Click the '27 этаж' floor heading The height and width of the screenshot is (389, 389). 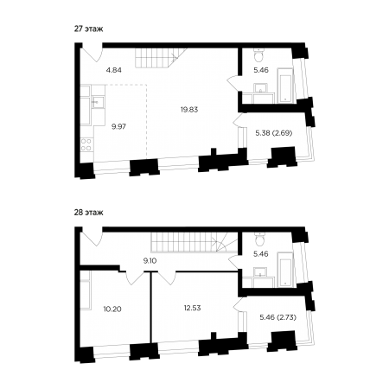[88, 29]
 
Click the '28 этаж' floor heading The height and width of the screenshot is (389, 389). [88, 213]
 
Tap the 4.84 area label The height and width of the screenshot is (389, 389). [114, 70]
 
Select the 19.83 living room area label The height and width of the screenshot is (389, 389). [189, 110]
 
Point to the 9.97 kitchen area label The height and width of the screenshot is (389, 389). [118, 126]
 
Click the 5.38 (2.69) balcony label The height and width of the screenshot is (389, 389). [274, 133]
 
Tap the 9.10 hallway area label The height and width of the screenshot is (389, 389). [150, 261]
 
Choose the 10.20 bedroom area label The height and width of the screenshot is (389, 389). [112, 309]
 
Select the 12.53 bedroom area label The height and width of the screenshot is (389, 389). [192, 308]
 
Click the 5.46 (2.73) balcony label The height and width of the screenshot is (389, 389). [278, 317]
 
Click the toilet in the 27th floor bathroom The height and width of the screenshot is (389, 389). [258, 55]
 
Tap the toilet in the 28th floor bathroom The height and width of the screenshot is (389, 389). [258, 239]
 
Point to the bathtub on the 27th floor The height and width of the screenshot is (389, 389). [285, 86]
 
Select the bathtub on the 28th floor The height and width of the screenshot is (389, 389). [285, 270]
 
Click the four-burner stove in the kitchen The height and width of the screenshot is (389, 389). [86, 144]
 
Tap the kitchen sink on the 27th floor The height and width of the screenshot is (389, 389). [98, 102]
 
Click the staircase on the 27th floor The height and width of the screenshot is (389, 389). [161, 58]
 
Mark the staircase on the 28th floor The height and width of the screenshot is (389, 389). [194, 242]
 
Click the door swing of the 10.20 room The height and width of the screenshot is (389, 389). [135, 278]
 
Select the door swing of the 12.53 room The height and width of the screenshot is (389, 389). [167, 278]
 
